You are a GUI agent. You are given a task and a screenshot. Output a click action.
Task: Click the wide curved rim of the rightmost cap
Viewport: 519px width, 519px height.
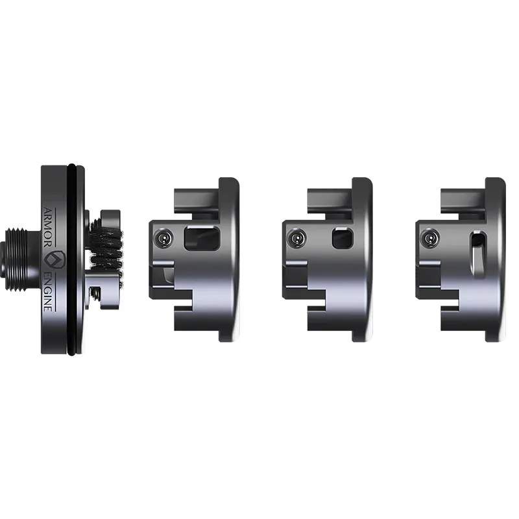[x=496, y=259]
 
